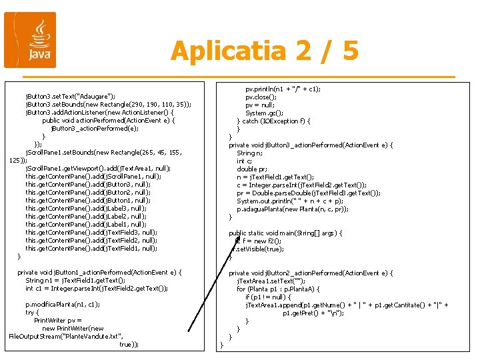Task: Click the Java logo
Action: (30, 40)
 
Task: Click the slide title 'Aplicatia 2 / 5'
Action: (265, 51)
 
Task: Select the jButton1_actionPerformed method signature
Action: (100, 272)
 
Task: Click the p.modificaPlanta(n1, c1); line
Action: (63, 304)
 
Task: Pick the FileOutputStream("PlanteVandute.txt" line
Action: (66, 336)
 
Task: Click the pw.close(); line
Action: (266, 97)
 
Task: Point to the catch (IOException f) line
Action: (273, 121)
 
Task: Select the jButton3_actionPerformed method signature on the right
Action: (311, 145)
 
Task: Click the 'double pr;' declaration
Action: (252, 169)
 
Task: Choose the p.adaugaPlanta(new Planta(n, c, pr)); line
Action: (293, 209)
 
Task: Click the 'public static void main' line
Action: (285, 233)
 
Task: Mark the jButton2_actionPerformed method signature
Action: (311, 273)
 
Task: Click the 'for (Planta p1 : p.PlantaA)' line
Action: (287, 289)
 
